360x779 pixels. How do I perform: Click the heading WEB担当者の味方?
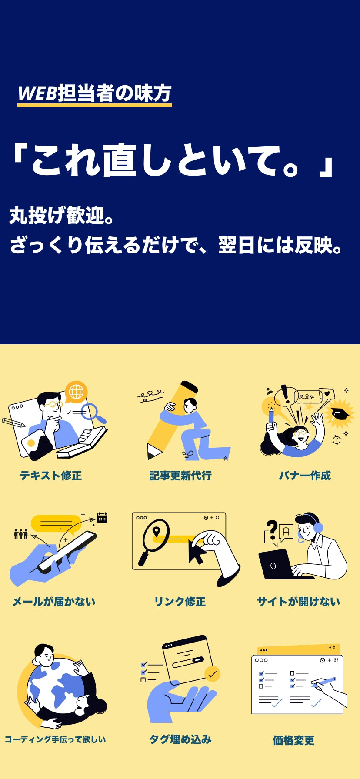[x=95, y=93]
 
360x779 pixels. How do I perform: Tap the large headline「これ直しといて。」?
[x=174, y=161]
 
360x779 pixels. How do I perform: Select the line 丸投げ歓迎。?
[x=62, y=216]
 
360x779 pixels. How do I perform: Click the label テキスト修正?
[x=51, y=476]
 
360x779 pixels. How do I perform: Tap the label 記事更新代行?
[x=180, y=476]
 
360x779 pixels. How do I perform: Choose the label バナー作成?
[x=305, y=476]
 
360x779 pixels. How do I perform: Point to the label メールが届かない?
[x=54, y=602]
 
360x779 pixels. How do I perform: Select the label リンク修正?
[x=180, y=602]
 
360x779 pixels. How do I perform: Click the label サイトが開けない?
[x=299, y=602]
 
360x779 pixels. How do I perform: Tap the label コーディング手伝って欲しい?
[x=55, y=739]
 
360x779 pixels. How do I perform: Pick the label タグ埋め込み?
[x=180, y=739]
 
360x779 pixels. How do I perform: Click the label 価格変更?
[x=293, y=740]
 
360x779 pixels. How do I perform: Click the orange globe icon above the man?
[x=76, y=392]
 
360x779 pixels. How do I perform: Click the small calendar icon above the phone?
[x=102, y=517]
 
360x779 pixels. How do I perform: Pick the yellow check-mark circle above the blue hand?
[x=212, y=674]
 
